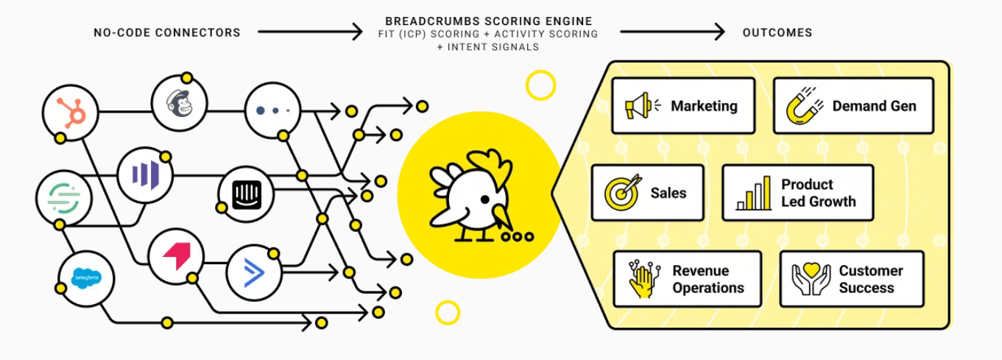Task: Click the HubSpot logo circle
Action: [70, 113]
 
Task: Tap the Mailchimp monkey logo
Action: [180, 103]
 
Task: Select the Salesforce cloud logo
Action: [86, 278]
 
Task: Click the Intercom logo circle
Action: [246, 194]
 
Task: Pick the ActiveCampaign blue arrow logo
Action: [254, 272]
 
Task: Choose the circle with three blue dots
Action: [273, 110]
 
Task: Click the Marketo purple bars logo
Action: [145, 175]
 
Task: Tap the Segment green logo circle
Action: [64, 197]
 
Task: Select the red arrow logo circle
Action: [176, 257]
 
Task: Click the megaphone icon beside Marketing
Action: [642, 106]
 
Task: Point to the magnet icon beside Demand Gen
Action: [804, 106]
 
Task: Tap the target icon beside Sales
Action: [623, 193]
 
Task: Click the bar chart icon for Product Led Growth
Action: [754, 193]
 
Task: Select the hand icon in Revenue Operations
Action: [643, 279]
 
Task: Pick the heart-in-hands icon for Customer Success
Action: [811, 279]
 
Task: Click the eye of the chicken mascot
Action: [485, 200]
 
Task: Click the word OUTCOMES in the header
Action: [777, 32]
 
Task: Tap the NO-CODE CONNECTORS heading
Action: [167, 32]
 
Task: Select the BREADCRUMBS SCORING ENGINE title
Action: [489, 21]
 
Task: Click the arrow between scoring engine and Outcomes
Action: [672, 32]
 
